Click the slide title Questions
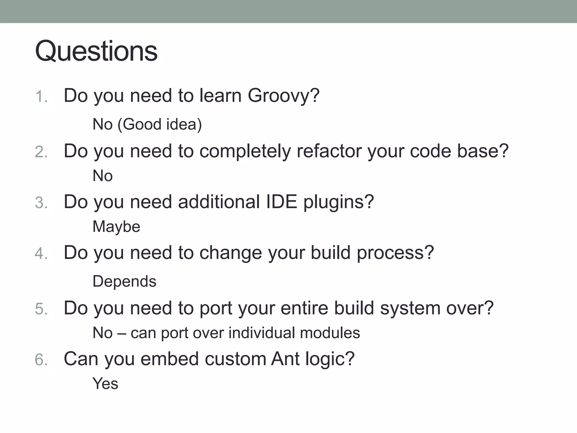96,51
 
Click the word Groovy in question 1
283,96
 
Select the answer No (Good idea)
147,124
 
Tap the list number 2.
41,152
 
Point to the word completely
245,152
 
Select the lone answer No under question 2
103,176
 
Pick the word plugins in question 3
338,202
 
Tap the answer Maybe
116,227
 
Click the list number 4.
41,253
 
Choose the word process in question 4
395,253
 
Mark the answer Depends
124,281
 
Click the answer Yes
105,384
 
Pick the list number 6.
41,360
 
